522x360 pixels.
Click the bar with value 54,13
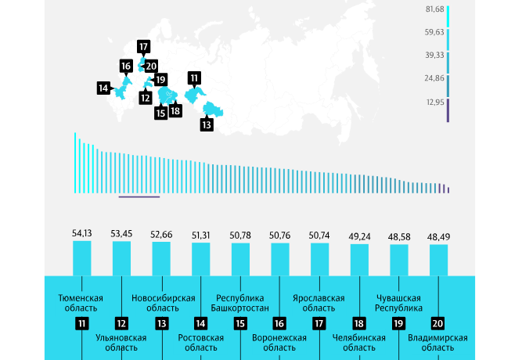82,257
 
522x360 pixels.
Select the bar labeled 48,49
439,259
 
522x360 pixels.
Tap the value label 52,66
161,234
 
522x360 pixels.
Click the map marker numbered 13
207,124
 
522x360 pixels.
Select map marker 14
103,88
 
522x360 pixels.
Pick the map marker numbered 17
143,46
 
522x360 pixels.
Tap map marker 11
193,77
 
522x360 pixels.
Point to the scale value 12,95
435,103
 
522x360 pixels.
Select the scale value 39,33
435,56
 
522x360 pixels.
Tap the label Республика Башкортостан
240,303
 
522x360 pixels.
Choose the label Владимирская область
438,343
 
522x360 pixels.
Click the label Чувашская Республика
398,303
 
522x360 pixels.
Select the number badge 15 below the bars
241,323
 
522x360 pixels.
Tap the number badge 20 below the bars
438,323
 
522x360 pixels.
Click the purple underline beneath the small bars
139,197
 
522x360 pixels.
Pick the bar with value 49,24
359,259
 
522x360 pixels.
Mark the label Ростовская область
201,343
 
